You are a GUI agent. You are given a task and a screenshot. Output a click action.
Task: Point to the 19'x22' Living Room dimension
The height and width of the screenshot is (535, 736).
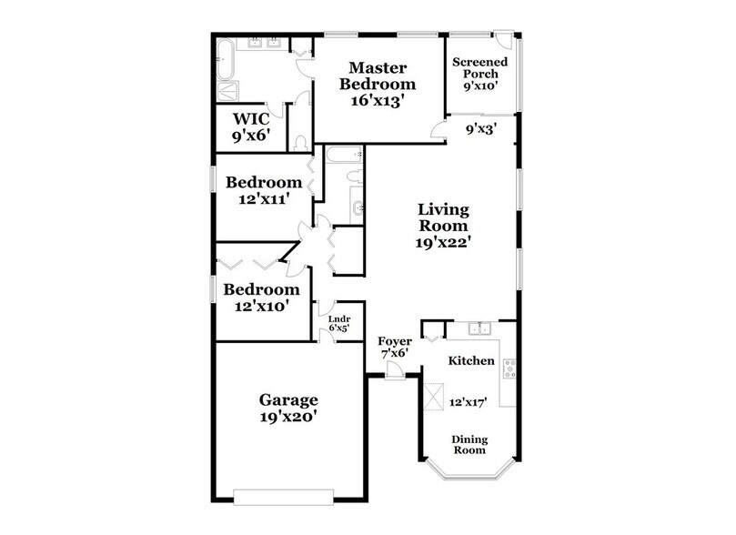(x=443, y=243)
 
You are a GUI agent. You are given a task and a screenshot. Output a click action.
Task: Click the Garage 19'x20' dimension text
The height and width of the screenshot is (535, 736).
(x=288, y=419)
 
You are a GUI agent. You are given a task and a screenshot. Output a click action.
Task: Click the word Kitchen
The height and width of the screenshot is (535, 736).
(x=472, y=361)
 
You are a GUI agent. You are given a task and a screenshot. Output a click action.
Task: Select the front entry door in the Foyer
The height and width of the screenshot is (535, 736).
(x=394, y=369)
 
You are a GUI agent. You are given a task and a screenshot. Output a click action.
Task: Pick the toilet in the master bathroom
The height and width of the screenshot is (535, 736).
(x=300, y=142)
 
